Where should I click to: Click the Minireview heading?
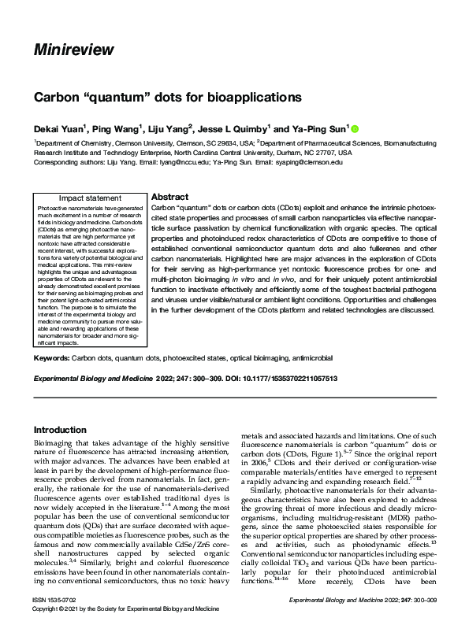[73, 51]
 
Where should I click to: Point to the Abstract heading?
[169, 197]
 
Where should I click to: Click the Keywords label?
[51, 358]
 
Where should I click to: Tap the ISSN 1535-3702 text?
[54, 600]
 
